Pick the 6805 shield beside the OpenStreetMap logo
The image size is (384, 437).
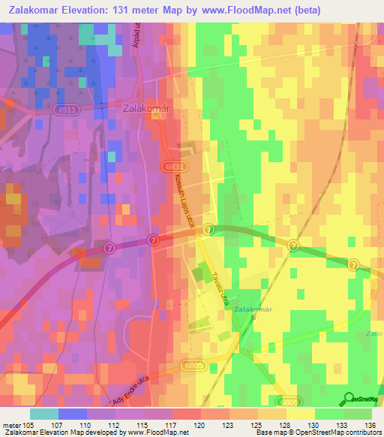point(287,402)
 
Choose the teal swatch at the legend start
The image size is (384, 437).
point(43,414)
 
